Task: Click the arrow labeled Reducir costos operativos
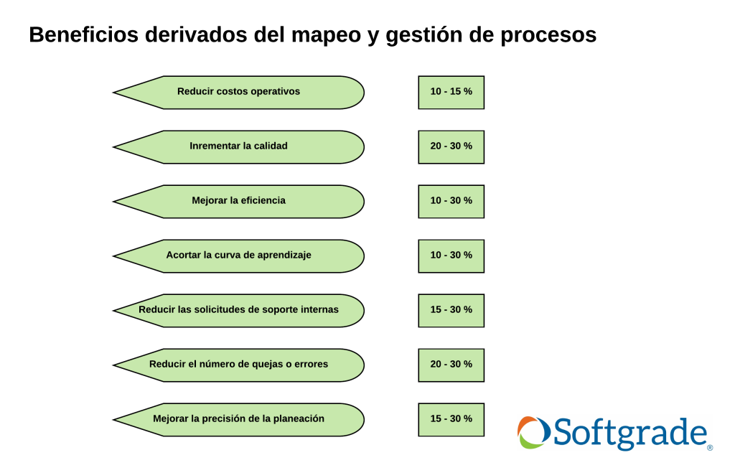pos(238,93)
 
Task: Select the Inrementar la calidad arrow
pos(238,146)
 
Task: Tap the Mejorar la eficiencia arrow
pos(238,202)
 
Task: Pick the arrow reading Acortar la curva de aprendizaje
pos(238,256)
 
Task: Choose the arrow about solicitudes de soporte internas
pos(238,310)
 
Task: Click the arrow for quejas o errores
pos(238,365)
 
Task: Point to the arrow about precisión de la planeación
pos(238,420)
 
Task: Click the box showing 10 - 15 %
pos(451,93)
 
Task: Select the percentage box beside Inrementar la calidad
pos(451,146)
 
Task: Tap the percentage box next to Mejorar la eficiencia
pos(451,202)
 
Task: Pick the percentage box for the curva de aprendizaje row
pos(451,256)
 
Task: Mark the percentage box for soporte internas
pos(451,310)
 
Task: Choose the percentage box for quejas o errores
pos(451,365)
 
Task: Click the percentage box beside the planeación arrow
pos(451,420)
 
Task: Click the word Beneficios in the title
pos(84,34)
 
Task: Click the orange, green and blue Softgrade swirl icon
pos(533,432)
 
